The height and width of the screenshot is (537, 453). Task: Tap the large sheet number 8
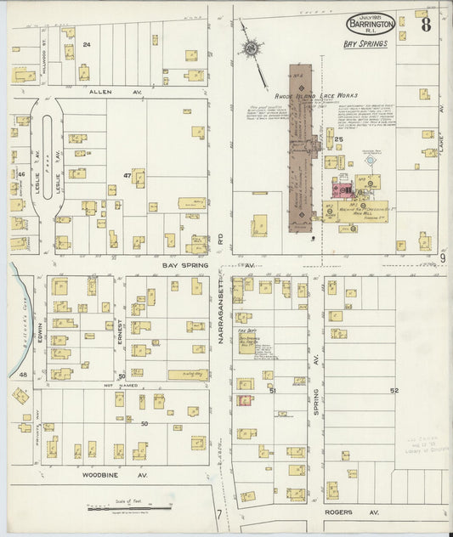pyautogui.click(x=425, y=24)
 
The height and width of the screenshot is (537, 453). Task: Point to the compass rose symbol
pyautogui.click(x=252, y=49)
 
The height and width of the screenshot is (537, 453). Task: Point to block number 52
pyautogui.click(x=394, y=390)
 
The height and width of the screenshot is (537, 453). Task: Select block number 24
pyautogui.click(x=86, y=44)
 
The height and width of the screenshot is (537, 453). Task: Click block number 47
pyautogui.click(x=127, y=176)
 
